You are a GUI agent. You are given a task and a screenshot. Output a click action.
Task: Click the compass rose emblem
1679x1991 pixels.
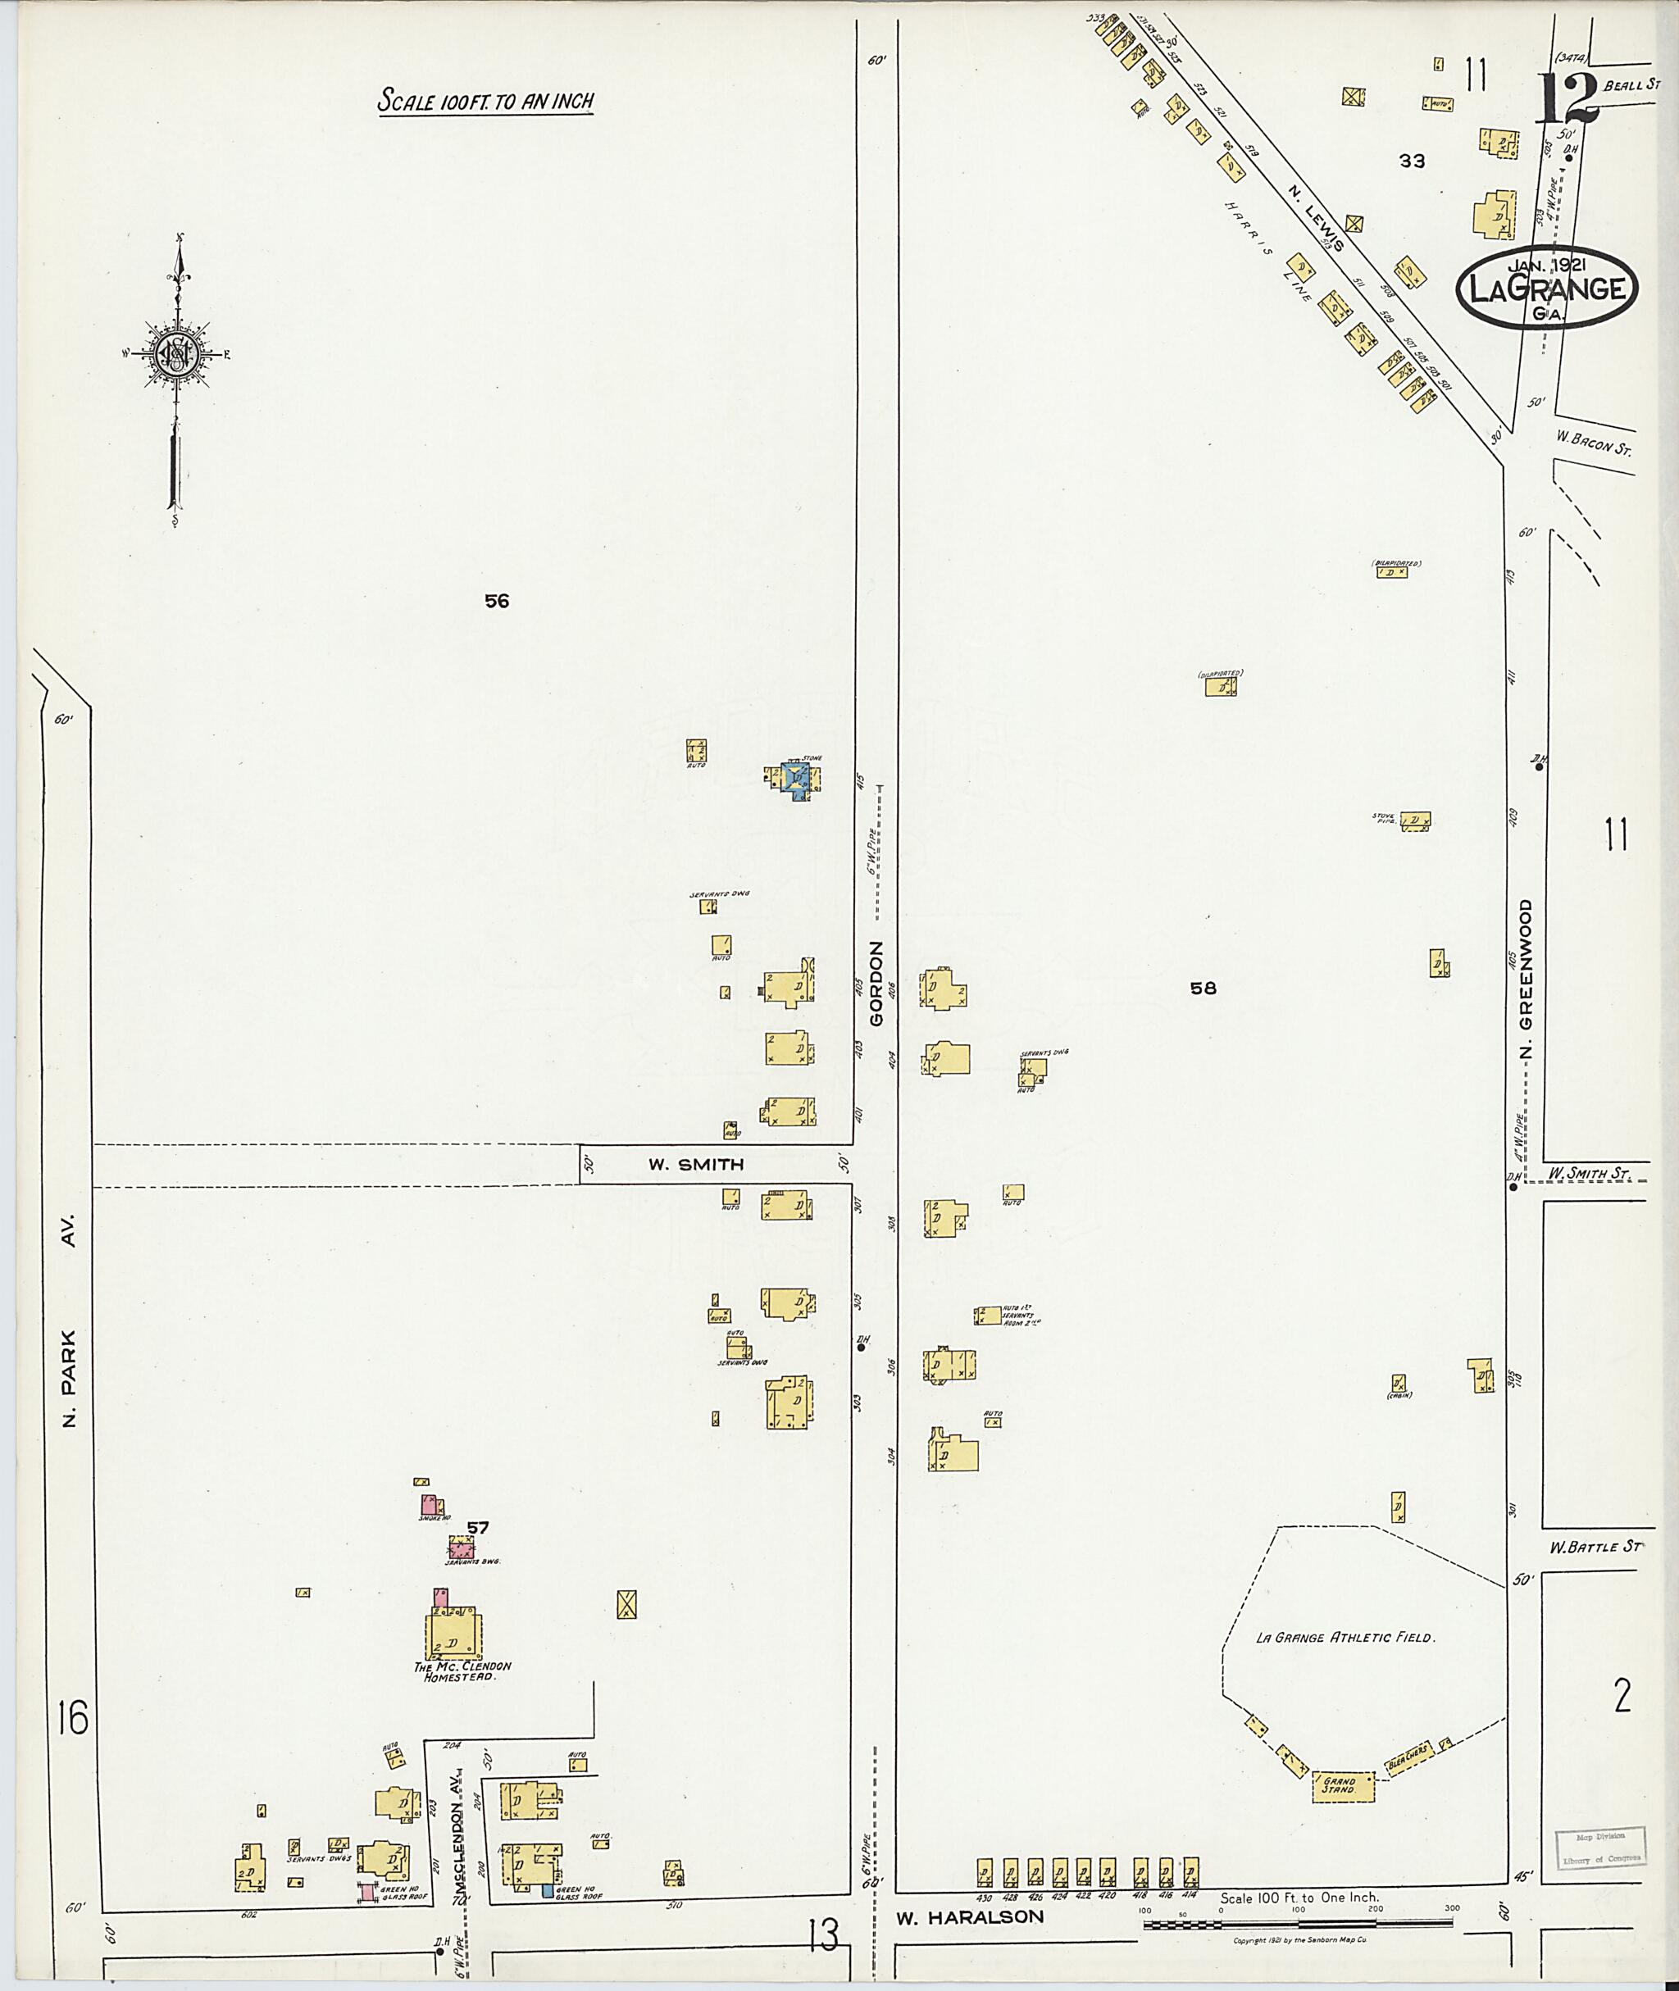pos(177,356)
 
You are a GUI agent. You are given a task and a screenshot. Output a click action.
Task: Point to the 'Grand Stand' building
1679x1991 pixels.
pos(1344,1786)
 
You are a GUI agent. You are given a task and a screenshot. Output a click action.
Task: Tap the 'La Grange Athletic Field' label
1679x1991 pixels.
pos(1344,1638)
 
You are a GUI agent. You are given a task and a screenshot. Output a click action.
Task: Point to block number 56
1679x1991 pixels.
pos(497,601)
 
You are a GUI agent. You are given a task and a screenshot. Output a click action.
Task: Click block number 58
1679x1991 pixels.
pos(1204,988)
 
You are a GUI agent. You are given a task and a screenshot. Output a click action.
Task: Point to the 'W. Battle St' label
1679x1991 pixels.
pos(1595,1547)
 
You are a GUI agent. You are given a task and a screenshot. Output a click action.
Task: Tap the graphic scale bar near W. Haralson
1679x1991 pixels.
pos(1299,1925)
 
